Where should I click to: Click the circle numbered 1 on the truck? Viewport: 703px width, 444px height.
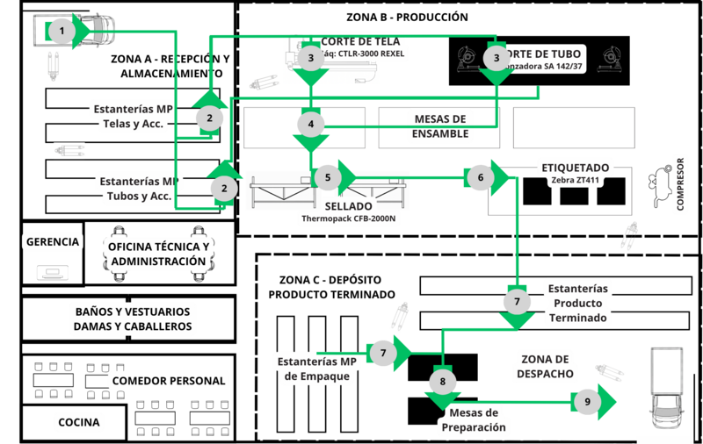pos(61,32)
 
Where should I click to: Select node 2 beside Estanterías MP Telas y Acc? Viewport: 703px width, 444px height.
pos(209,118)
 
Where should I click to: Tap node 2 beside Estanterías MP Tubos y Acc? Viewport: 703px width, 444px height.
pos(224,187)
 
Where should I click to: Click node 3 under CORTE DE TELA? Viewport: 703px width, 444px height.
pos(309,58)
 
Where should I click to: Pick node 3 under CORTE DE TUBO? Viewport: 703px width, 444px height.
pos(497,58)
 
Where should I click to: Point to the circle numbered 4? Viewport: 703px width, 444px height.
pos(310,122)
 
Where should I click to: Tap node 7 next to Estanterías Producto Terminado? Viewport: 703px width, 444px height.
pos(517,301)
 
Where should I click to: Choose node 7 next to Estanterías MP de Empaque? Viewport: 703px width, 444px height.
pos(384,353)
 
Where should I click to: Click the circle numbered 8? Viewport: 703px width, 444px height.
pos(443,382)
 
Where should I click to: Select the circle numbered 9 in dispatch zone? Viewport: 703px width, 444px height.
pos(586,402)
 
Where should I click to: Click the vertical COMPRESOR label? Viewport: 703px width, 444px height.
pos(679,185)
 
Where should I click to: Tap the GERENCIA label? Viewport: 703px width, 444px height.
pos(54,241)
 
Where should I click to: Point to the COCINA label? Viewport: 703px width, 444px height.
pos(80,422)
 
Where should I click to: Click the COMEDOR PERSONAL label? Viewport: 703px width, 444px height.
pos(169,381)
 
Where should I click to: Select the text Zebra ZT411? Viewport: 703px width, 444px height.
pos(576,180)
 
